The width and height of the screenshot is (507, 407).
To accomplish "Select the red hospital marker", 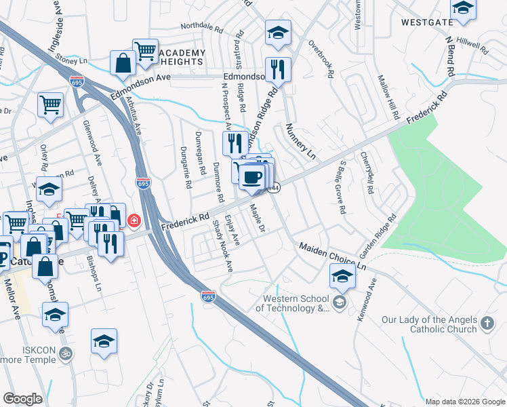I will coord(134,221).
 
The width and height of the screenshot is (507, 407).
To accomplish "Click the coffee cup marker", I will coord(252,177).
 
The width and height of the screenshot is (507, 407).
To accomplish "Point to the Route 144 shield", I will coord(273,188).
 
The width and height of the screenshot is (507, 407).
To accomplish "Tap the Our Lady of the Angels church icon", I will coord(486,324).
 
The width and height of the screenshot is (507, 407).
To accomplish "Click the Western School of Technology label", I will coord(291,303).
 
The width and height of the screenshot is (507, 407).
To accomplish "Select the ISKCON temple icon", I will coord(66,353).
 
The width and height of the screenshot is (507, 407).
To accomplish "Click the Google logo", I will coord(22,399).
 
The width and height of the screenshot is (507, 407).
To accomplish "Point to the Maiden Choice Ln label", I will coord(333,256).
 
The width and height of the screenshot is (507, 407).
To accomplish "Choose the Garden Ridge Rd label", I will coord(378,237).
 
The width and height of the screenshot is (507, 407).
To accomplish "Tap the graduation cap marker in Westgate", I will coord(463,9).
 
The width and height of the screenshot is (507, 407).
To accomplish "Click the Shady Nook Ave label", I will coord(224,245).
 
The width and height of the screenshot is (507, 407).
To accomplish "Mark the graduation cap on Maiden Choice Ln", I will coord(342,275).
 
